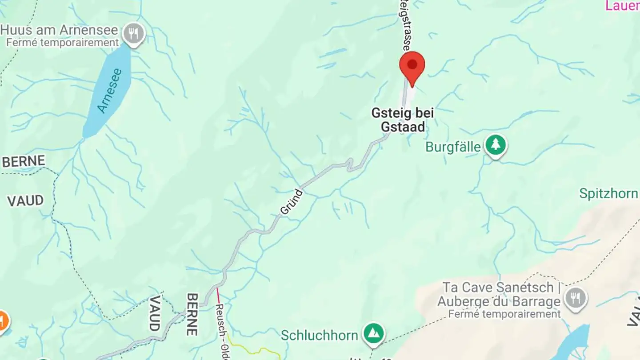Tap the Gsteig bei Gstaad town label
coord(403,120)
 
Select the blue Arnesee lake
coord(108,92)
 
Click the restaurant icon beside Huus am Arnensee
coord(134,33)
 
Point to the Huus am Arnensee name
coord(60,31)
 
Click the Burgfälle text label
coord(453,147)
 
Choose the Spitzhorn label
coord(608,193)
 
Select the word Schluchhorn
coord(319,335)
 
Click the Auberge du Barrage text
coord(499,302)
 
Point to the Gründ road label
coord(292,202)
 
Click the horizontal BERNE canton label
coord(24,161)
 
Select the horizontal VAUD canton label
coord(25,200)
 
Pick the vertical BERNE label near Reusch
coord(192,314)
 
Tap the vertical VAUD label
coord(154,313)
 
